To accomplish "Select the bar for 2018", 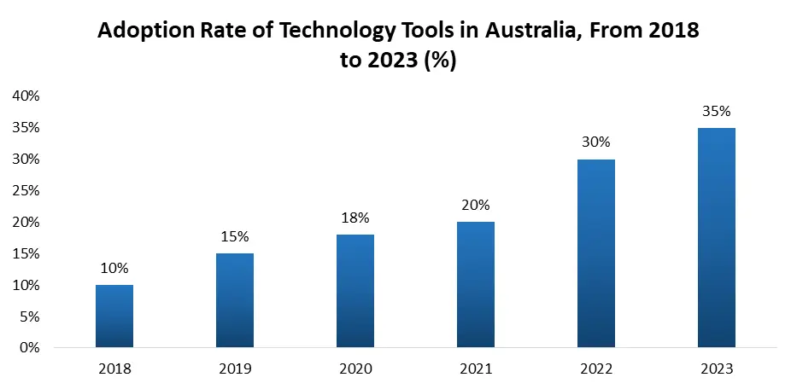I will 114,316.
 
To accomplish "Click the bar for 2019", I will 234,300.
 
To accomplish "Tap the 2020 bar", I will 355,291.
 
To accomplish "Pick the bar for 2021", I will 475,285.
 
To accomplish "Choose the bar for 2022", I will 595,253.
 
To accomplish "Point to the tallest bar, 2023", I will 716,238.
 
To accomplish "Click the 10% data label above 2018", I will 114,268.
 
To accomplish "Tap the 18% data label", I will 355,218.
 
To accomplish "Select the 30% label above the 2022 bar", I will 595,142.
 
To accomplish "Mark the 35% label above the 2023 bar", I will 716,111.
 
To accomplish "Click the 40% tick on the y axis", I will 26,96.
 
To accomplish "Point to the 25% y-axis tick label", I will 26,191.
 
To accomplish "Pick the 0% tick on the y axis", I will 30,348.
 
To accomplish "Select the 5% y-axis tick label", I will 30,316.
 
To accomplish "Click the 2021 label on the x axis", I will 475,369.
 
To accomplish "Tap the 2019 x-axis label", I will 234,369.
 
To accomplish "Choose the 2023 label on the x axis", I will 716,369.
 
